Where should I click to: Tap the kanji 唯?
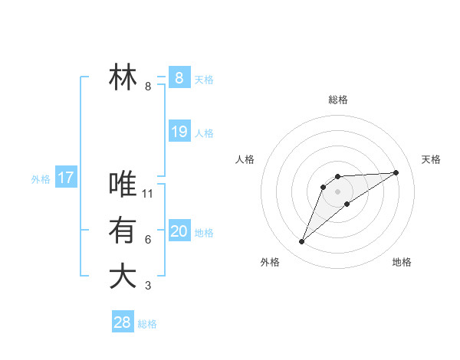pyautogui.click(x=123, y=184)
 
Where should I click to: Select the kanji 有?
pyautogui.click(x=123, y=231)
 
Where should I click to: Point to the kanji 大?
pyautogui.click(x=123, y=277)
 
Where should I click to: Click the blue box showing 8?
pyautogui.click(x=179, y=77)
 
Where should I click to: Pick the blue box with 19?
pyautogui.click(x=179, y=132)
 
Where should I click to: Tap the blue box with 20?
pyautogui.click(x=179, y=231)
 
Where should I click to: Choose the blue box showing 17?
pyautogui.click(x=65, y=178)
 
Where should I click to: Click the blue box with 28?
pyautogui.click(x=122, y=322)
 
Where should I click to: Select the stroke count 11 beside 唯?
pyautogui.click(x=149, y=194)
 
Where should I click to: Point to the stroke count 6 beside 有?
pyautogui.click(x=148, y=240)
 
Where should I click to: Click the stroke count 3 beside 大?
pyautogui.click(x=148, y=286)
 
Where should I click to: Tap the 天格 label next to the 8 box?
pyautogui.click(x=204, y=79)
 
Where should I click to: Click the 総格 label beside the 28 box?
pyautogui.click(x=147, y=324)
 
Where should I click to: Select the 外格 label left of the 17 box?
pyautogui.click(x=41, y=179)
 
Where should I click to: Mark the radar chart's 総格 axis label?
pyautogui.click(x=337, y=100)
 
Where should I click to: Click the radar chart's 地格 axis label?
pyautogui.click(x=402, y=262)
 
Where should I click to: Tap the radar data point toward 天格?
pyautogui.click(x=396, y=172)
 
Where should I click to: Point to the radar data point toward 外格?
pyautogui.click(x=302, y=242)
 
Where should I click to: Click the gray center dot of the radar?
pyautogui.click(x=338, y=191)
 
